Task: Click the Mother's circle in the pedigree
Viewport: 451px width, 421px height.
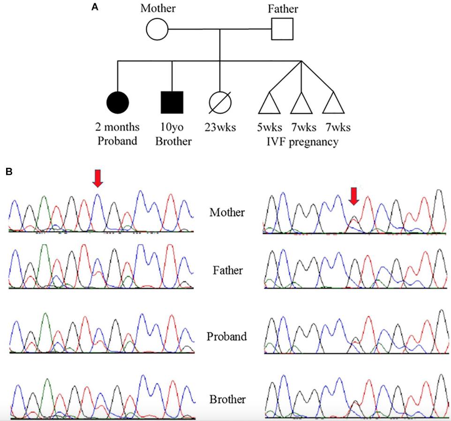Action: click(157, 30)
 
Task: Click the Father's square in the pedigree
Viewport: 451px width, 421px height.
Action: click(282, 29)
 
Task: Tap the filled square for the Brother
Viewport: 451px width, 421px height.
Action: click(172, 103)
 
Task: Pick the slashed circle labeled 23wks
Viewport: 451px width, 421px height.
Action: click(220, 103)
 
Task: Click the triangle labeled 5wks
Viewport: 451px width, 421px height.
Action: click(269, 104)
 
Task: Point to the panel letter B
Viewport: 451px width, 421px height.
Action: click(9, 172)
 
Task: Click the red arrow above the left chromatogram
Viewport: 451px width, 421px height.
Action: click(97, 178)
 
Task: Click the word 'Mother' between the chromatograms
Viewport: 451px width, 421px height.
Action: click(227, 212)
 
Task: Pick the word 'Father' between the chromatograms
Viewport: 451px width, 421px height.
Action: click(227, 271)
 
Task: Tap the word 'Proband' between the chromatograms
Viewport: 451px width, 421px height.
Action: click(227, 336)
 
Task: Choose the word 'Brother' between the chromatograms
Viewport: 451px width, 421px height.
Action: click(227, 399)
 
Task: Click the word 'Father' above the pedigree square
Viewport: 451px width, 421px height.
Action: click(283, 8)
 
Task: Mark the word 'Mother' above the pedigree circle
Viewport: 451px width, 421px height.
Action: click(158, 8)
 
